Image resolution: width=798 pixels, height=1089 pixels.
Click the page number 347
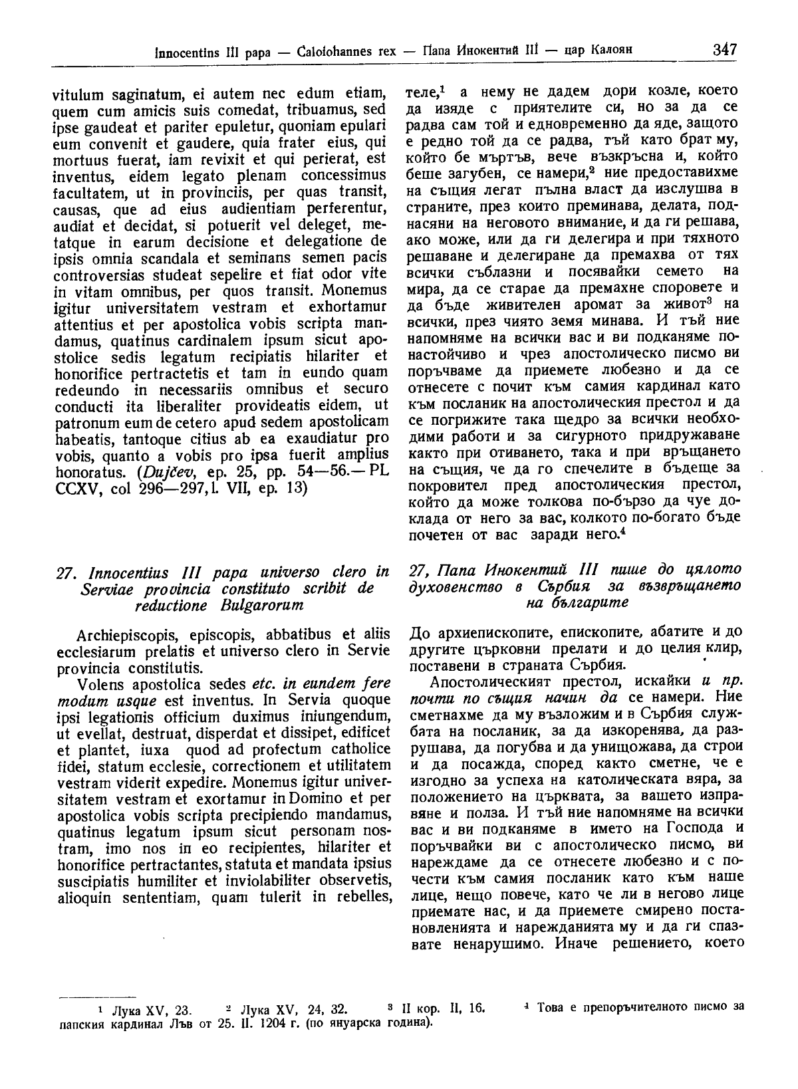(724, 49)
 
